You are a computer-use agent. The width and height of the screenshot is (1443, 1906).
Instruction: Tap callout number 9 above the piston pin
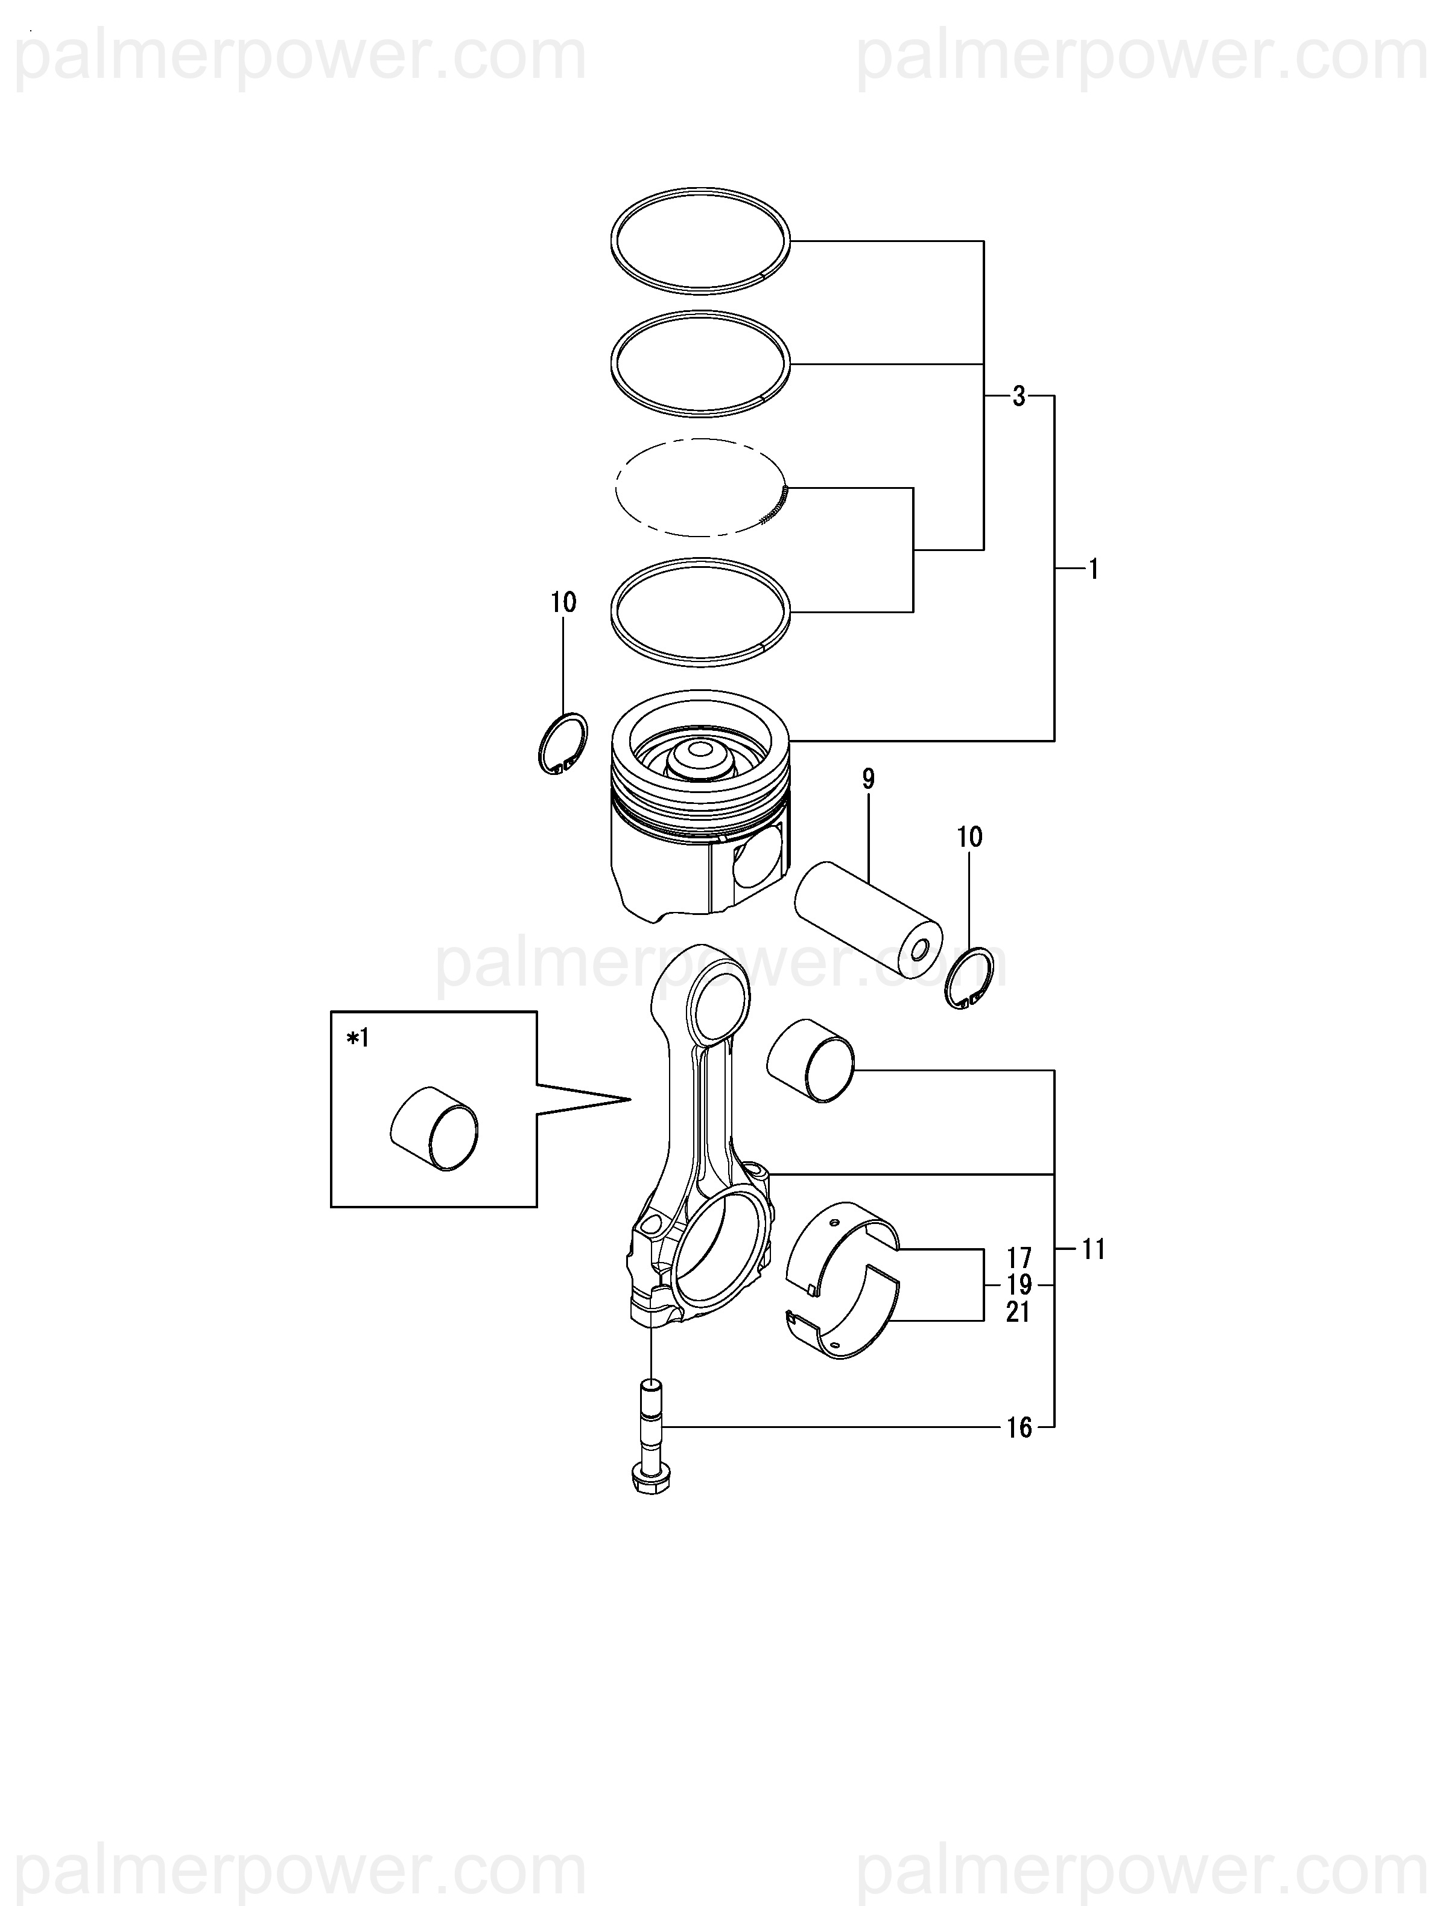tap(868, 780)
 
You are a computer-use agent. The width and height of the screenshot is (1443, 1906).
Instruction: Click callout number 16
tap(1019, 1429)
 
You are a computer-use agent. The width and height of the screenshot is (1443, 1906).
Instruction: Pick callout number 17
tap(1019, 1258)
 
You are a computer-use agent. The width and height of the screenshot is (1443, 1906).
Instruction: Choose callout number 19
tap(1019, 1285)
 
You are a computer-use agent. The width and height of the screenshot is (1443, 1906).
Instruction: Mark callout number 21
tap(1019, 1312)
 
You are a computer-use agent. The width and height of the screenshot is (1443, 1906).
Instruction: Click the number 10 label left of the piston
tap(563, 602)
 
